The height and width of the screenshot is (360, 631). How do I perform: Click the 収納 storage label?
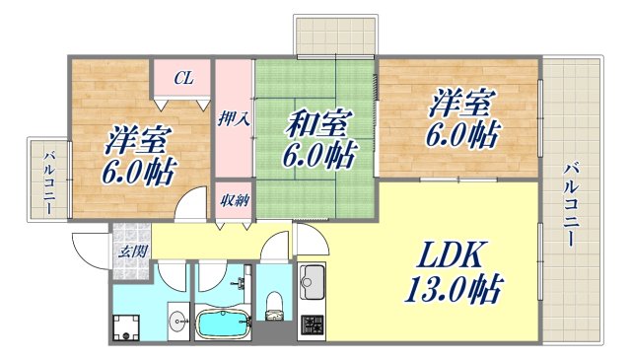click(234, 201)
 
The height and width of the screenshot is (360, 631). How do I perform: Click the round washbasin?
click(177, 320)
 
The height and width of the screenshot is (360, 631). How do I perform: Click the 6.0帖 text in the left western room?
click(137, 172)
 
